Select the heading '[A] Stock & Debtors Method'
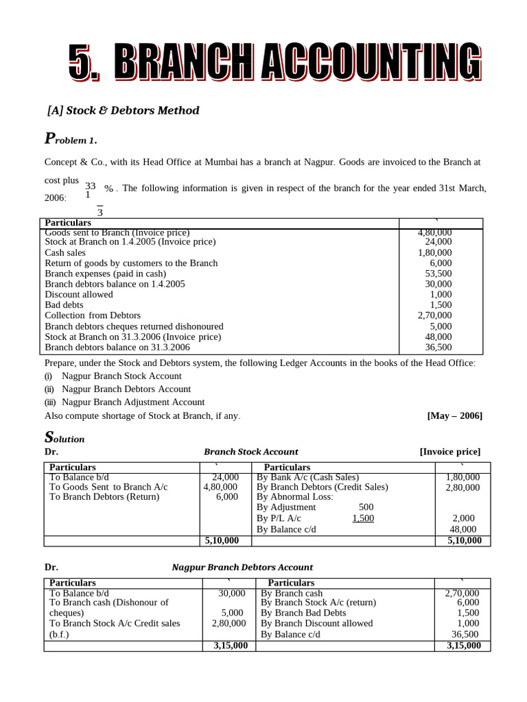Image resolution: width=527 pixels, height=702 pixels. [x=123, y=110]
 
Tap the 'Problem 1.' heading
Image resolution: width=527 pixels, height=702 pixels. [x=71, y=139]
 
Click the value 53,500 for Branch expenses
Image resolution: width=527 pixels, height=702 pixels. [x=438, y=274]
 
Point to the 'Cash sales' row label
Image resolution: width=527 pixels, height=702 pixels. [x=67, y=252]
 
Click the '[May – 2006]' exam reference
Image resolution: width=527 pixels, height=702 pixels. [x=454, y=416]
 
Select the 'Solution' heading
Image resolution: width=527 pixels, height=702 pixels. [x=65, y=437]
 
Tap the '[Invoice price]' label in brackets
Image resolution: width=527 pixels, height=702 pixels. [x=449, y=452]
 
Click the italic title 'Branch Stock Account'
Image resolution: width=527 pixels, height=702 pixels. [x=250, y=452]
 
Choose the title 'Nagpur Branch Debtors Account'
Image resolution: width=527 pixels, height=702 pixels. [x=242, y=568]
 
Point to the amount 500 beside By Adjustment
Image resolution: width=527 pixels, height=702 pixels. [x=366, y=507]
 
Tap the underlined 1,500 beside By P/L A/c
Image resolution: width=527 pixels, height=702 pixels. [x=363, y=518]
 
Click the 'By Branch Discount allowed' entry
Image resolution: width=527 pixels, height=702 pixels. [x=316, y=623]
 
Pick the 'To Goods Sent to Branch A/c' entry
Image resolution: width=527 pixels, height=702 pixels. [x=108, y=487]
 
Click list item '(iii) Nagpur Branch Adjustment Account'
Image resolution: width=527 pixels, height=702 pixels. [x=124, y=402]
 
